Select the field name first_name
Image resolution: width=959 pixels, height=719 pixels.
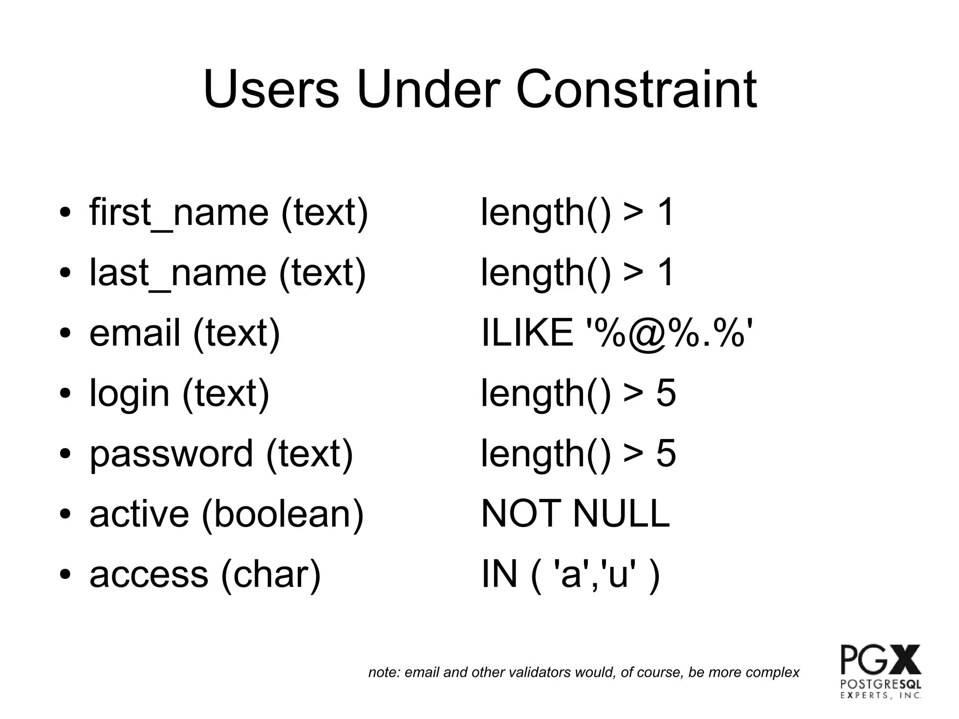pos(179,213)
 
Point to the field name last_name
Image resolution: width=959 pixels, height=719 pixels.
pos(178,273)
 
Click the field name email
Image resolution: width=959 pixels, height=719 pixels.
pos(135,333)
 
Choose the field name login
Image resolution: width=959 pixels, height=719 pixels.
pos(129,393)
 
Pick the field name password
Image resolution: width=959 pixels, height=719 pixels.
pos(171,454)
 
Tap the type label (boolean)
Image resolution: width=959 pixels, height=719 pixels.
pos(282,514)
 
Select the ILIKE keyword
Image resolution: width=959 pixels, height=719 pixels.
pos(527,333)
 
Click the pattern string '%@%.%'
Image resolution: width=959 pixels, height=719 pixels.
pos(670,333)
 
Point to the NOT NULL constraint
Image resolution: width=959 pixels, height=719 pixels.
pos(575,514)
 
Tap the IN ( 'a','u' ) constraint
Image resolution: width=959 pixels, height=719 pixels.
pos(570,574)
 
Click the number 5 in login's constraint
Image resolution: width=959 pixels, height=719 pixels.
pos(666,393)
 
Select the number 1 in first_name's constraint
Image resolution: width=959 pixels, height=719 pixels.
pos(665,213)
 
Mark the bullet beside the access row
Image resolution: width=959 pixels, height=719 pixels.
pos(65,575)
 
